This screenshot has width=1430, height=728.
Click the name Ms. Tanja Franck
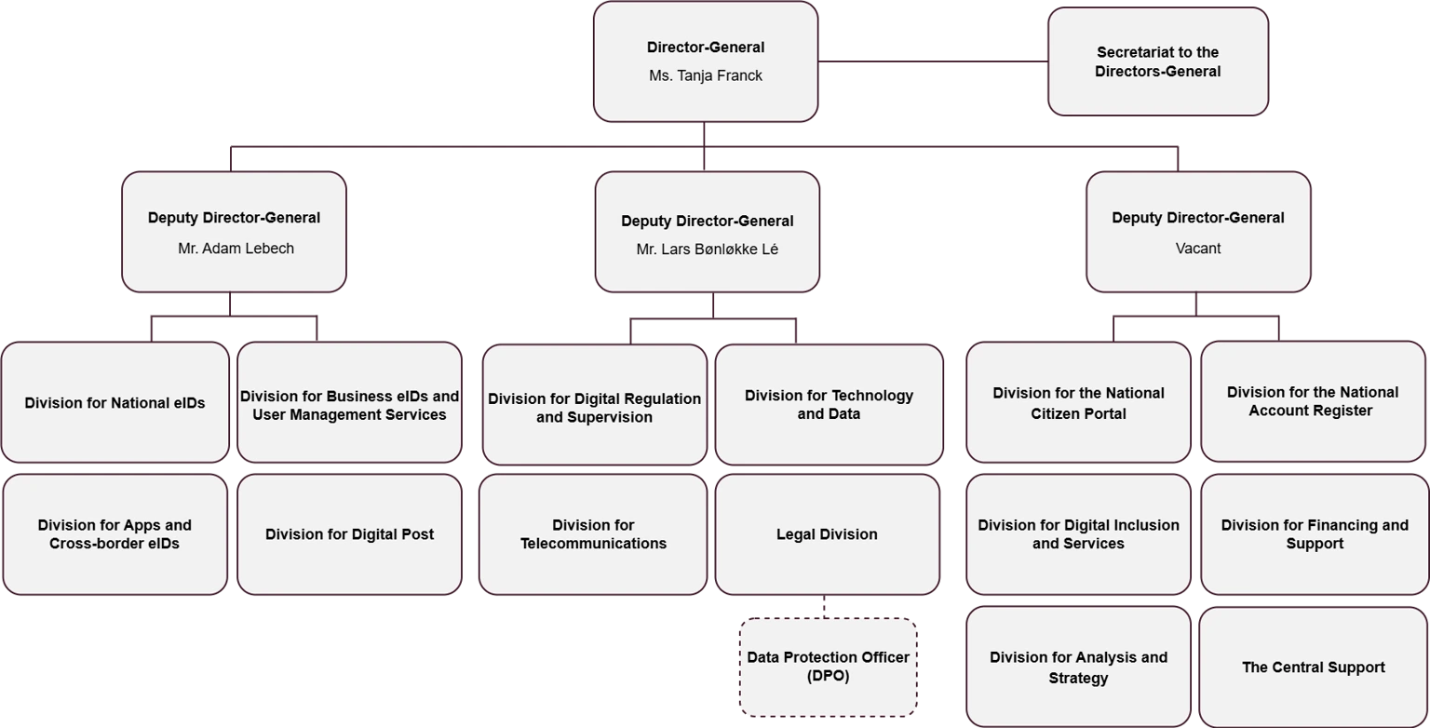click(705, 76)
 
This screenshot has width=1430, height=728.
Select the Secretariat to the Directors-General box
click(1157, 61)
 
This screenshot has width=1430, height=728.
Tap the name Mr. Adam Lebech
click(236, 249)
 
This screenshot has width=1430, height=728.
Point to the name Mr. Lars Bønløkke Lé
click(707, 249)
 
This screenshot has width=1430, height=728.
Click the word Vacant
click(1198, 249)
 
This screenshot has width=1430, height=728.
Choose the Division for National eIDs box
click(115, 403)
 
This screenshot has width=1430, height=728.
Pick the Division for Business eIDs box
click(349, 404)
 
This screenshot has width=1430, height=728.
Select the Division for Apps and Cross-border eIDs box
click(115, 534)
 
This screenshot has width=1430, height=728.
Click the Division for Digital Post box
click(349, 534)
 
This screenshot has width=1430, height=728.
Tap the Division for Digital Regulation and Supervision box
click(594, 407)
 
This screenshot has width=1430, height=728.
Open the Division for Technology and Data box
click(829, 404)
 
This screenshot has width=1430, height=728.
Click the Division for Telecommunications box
click(593, 534)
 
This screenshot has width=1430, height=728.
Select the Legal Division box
click(827, 534)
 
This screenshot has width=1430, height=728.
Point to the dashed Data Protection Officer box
click(828, 667)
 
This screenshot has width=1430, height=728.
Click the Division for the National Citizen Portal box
click(1078, 403)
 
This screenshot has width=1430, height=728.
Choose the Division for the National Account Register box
click(1312, 401)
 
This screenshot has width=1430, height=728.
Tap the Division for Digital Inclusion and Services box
click(1078, 534)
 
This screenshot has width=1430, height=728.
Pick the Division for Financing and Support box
click(1314, 534)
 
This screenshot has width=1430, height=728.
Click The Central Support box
click(1313, 667)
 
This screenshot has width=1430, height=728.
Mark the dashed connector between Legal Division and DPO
click(824, 607)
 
